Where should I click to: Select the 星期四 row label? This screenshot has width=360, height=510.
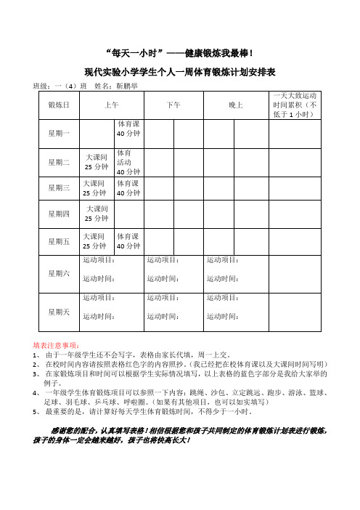(x=59, y=214)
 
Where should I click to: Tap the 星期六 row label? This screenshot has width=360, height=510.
(x=59, y=272)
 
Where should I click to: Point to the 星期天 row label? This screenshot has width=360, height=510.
(x=59, y=312)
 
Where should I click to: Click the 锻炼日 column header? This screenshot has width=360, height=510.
(x=59, y=105)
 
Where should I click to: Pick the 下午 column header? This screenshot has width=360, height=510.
(x=173, y=105)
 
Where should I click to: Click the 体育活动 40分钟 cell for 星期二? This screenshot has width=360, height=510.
(x=128, y=163)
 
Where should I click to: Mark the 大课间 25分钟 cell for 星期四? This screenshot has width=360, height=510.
(x=97, y=214)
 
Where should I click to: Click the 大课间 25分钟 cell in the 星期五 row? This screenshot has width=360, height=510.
(x=97, y=241)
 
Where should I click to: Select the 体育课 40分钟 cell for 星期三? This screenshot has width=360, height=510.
(x=128, y=188)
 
